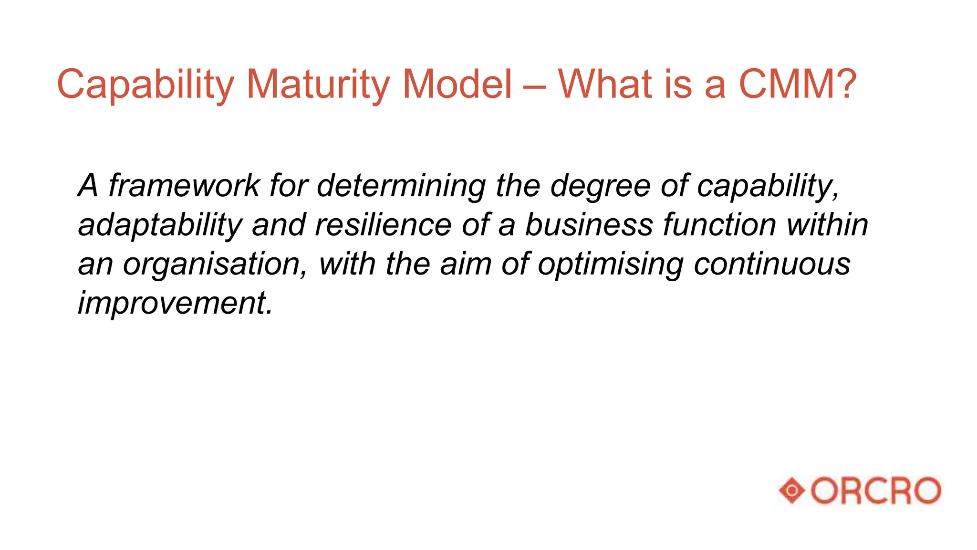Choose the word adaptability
[x=160, y=225]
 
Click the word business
[x=589, y=224]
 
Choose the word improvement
[x=175, y=303]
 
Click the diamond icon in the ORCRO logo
[x=792, y=490]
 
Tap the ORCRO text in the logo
[x=876, y=490]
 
